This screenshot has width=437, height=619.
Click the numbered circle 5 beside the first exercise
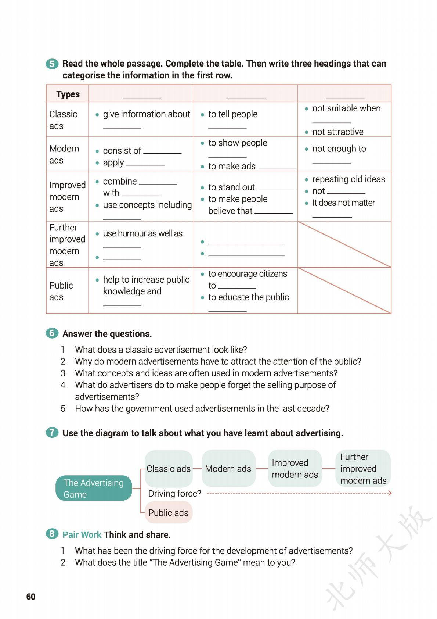pos(52,64)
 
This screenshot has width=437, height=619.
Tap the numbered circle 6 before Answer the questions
pos(52,333)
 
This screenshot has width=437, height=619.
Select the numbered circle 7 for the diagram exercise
pos(52,433)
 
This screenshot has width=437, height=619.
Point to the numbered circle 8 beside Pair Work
pos(52,534)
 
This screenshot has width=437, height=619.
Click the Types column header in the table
pos(68,94)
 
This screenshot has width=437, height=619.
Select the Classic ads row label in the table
pos(63,120)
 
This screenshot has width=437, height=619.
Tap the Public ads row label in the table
pos(61,291)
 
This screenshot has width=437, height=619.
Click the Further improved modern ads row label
pos(67,245)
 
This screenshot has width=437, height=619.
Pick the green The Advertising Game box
pos(94,488)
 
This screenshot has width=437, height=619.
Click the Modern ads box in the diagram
pos(228,469)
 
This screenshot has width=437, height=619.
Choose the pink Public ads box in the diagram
pos(168,513)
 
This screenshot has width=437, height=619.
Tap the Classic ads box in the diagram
pos(169,469)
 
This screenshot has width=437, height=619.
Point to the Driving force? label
pos(174,493)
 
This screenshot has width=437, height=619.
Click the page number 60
pos(31,596)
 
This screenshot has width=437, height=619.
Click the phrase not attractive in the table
pos(337,132)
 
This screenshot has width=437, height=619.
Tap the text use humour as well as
pos(142,233)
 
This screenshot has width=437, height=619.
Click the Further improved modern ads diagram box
pos(363,469)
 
